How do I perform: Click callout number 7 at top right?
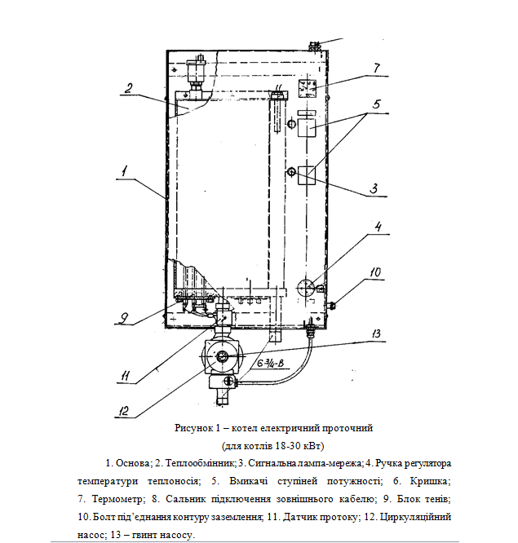376,68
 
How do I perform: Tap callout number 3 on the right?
373,188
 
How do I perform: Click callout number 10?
375,271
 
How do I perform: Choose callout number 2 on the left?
128,89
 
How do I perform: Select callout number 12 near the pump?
122,410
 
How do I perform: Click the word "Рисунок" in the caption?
192,428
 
